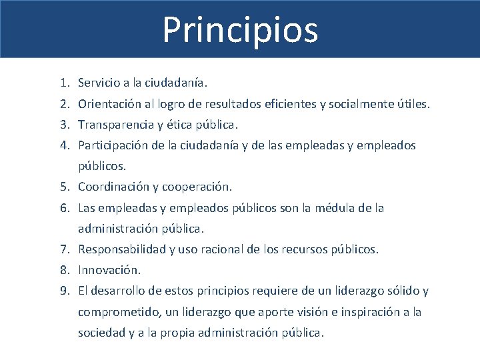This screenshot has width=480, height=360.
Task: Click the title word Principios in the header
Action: [x=240, y=30]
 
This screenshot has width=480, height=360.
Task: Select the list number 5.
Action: [x=62, y=187]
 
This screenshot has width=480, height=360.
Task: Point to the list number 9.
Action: [x=62, y=291]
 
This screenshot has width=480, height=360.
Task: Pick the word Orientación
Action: [x=109, y=105]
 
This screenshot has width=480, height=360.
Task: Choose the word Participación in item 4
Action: [x=112, y=146]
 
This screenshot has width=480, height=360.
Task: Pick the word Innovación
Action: [x=109, y=270]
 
